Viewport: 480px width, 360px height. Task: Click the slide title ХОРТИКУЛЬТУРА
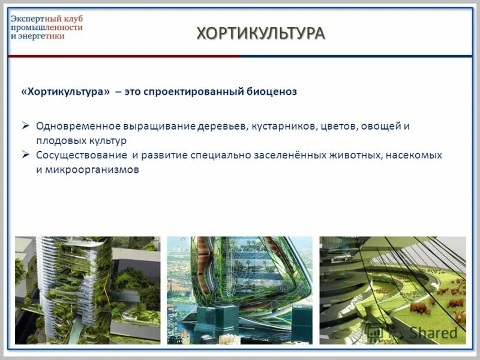[x=261, y=33]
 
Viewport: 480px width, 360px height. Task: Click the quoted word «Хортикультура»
[x=65, y=92]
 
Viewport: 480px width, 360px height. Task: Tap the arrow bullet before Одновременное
[x=26, y=127]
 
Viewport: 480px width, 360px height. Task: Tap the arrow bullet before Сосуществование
[x=26, y=155]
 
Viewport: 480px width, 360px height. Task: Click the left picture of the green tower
[x=88, y=290]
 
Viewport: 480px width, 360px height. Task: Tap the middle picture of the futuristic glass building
[x=239, y=290]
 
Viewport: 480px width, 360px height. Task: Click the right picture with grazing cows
[x=392, y=290]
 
